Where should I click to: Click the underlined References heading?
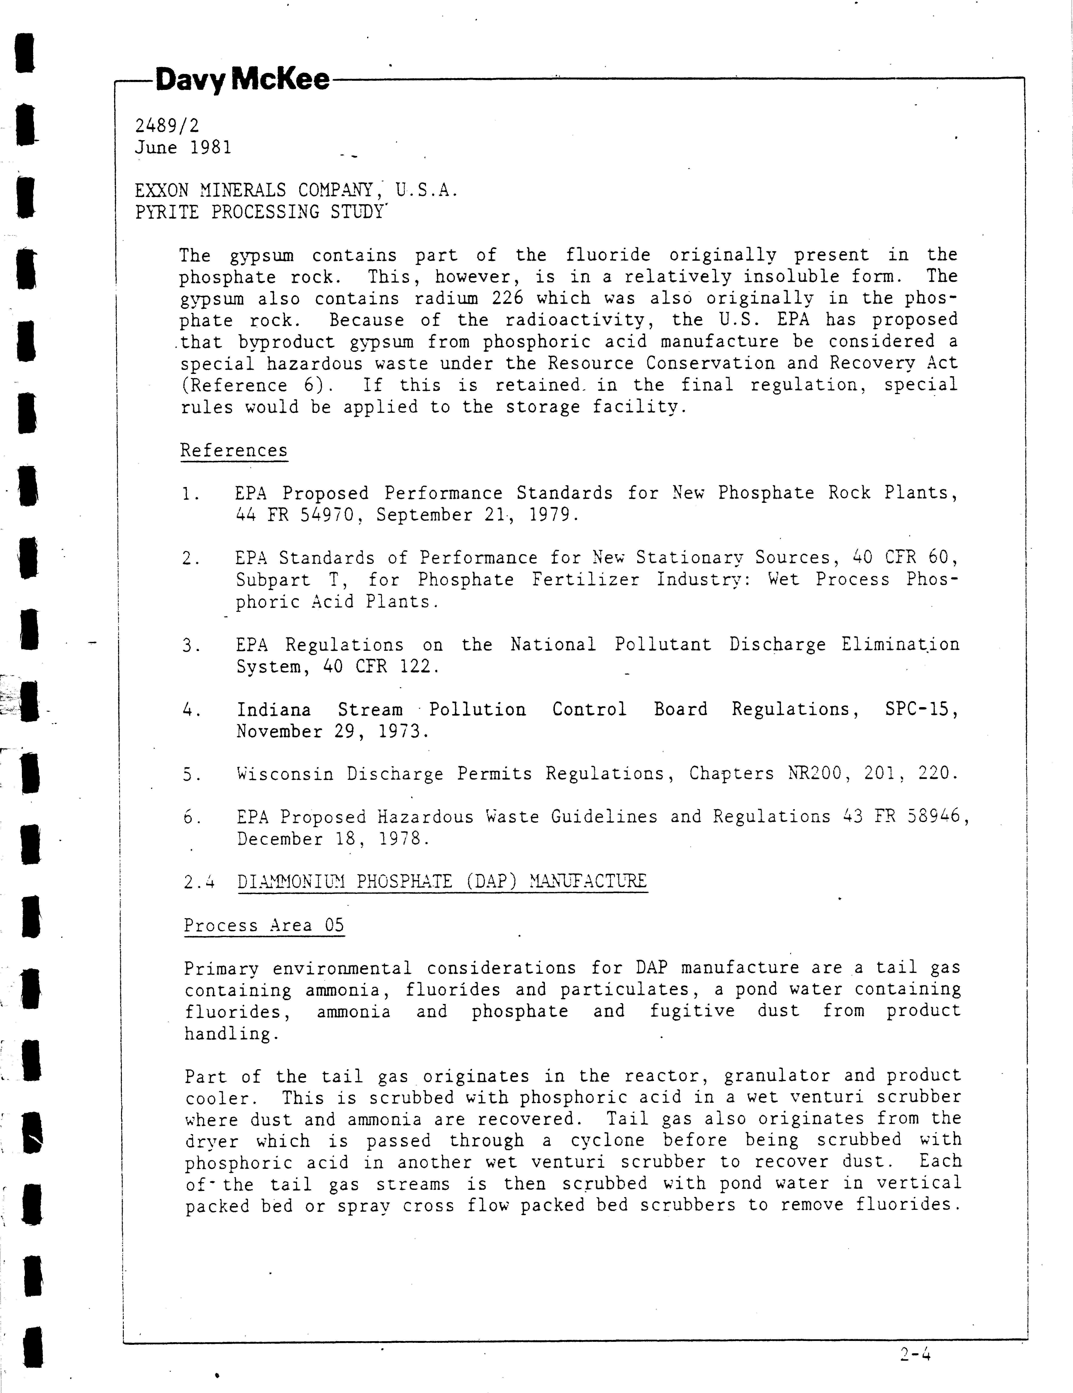(234, 450)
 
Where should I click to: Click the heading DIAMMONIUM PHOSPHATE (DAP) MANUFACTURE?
(442, 882)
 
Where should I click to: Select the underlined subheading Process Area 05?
(264, 926)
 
